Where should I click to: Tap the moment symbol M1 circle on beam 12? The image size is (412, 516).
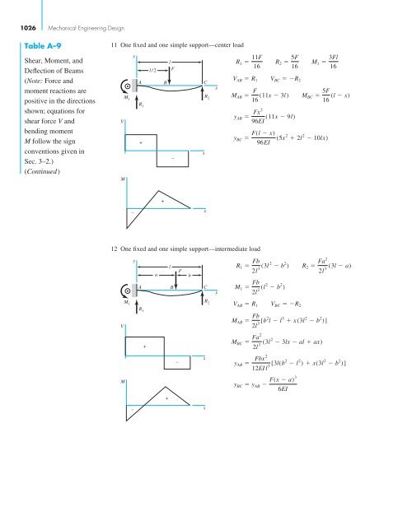click(125, 291)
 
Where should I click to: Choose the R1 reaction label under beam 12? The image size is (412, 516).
click(141, 309)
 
